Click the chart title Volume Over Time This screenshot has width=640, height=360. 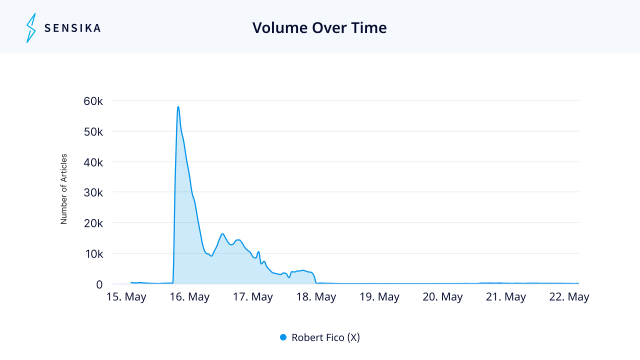[x=319, y=27]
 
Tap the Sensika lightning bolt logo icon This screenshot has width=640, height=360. [x=31, y=28]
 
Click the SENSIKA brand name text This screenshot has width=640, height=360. [x=72, y=28]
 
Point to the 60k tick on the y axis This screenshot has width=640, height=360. [x=93, y=101]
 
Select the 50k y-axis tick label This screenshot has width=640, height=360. [x=93, y=131]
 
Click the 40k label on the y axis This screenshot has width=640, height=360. [x=93, y=162]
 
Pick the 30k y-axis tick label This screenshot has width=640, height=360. [x=93, y=193]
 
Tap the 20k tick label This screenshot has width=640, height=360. [x=93, y=223]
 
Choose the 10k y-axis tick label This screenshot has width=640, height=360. [x=94, y=254]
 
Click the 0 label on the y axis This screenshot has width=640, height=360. [x=99, y=284]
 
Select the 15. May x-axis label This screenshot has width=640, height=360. [x=126, y=297]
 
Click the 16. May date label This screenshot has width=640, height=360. [x=189, y=297]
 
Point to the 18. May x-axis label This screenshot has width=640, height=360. [x=316, y=297]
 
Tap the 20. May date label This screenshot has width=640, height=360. [x=442, y=297]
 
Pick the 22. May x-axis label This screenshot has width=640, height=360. [x=569, y=297]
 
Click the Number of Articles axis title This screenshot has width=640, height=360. [x=63, y=189]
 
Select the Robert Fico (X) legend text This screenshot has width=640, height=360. [x=325, y=337]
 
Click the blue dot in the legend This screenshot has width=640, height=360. [x=283, y=337]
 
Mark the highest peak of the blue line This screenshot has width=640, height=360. [x=178, y=106]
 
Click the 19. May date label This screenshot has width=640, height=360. [x=379, y=297]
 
